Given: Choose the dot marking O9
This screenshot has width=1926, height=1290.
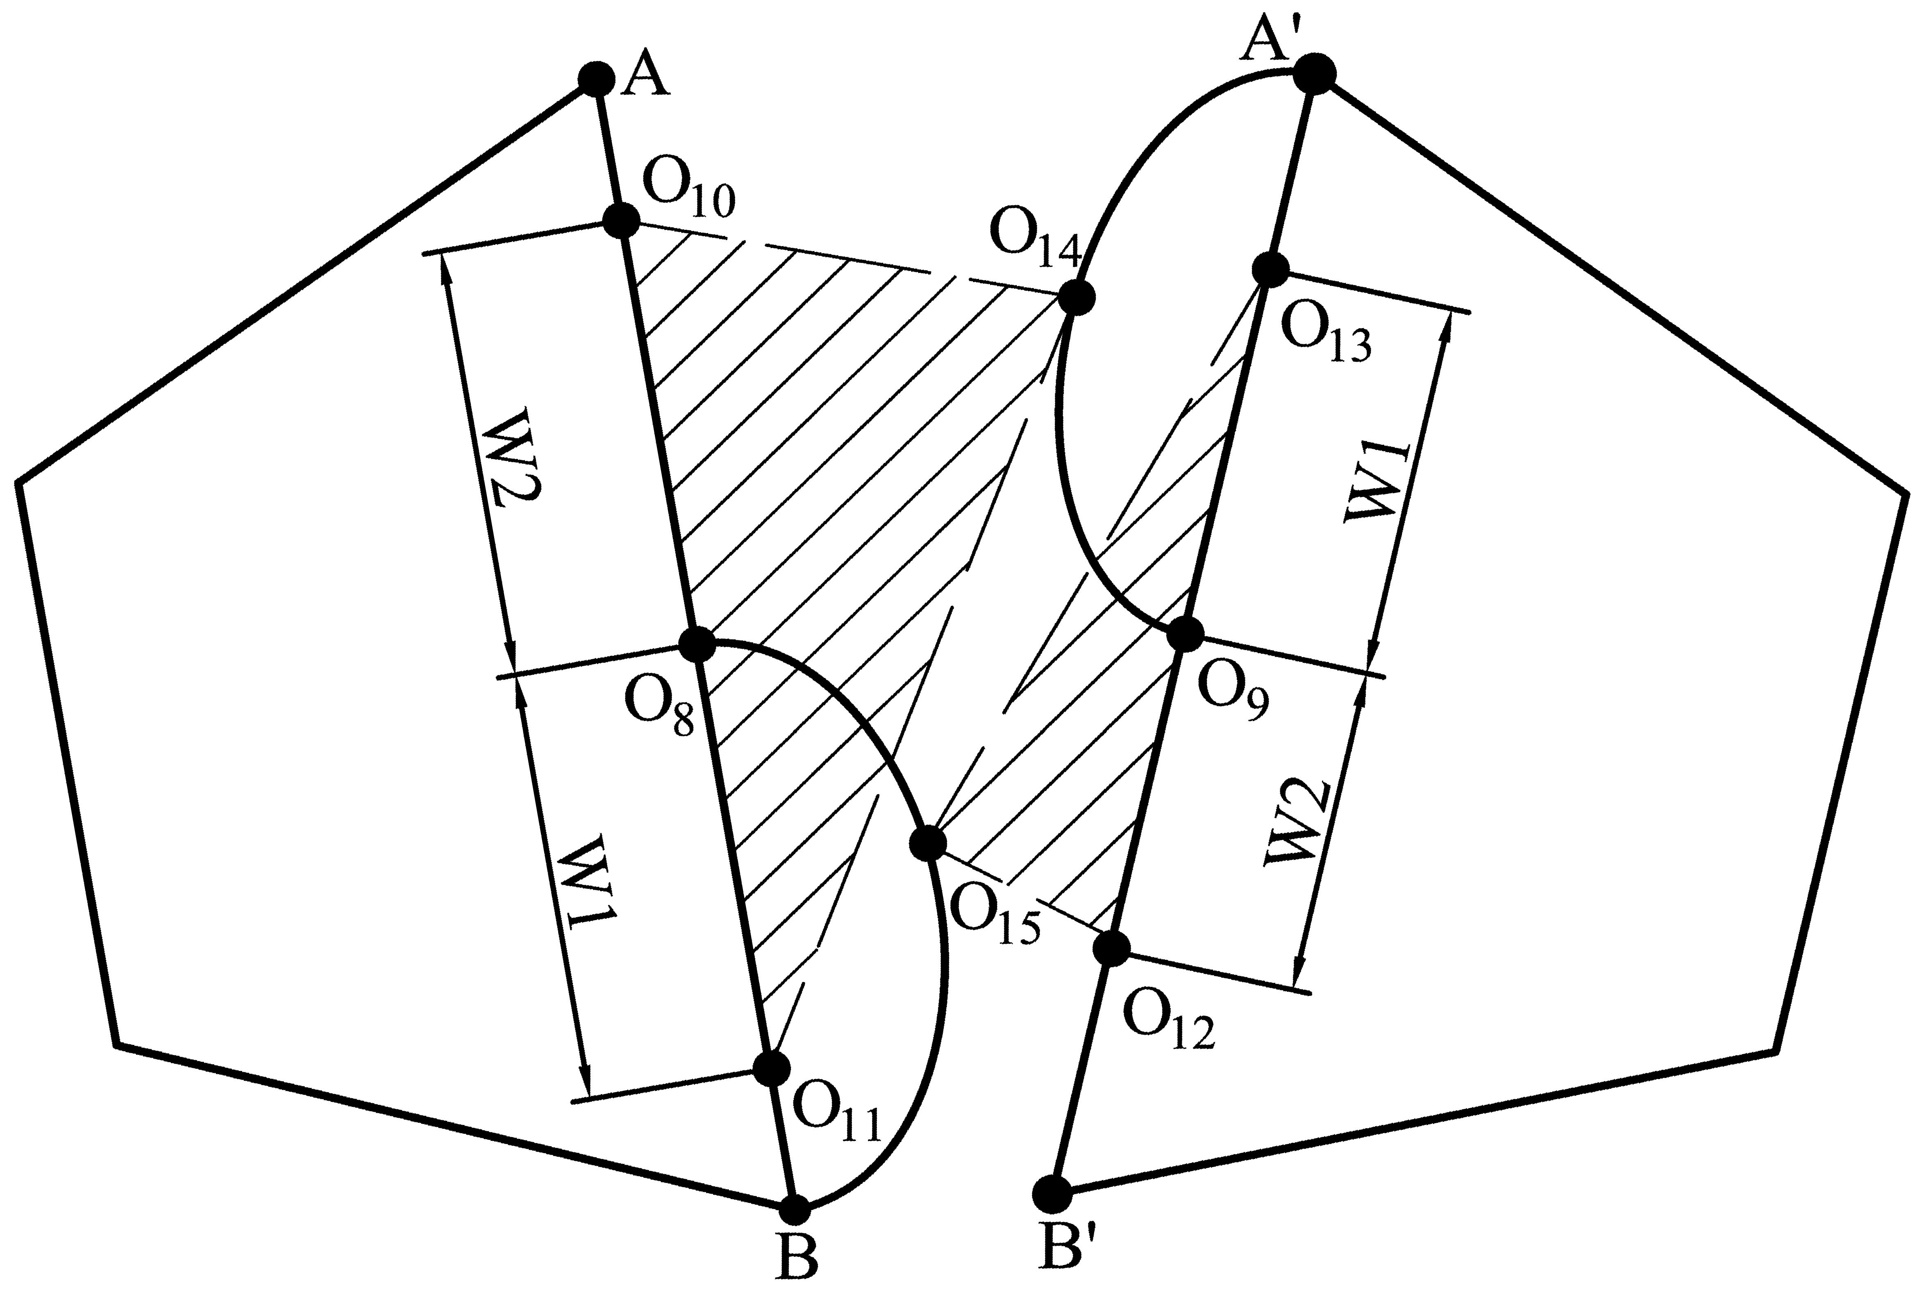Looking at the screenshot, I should [1186, 633].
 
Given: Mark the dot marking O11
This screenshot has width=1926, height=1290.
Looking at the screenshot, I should [772, 1068].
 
